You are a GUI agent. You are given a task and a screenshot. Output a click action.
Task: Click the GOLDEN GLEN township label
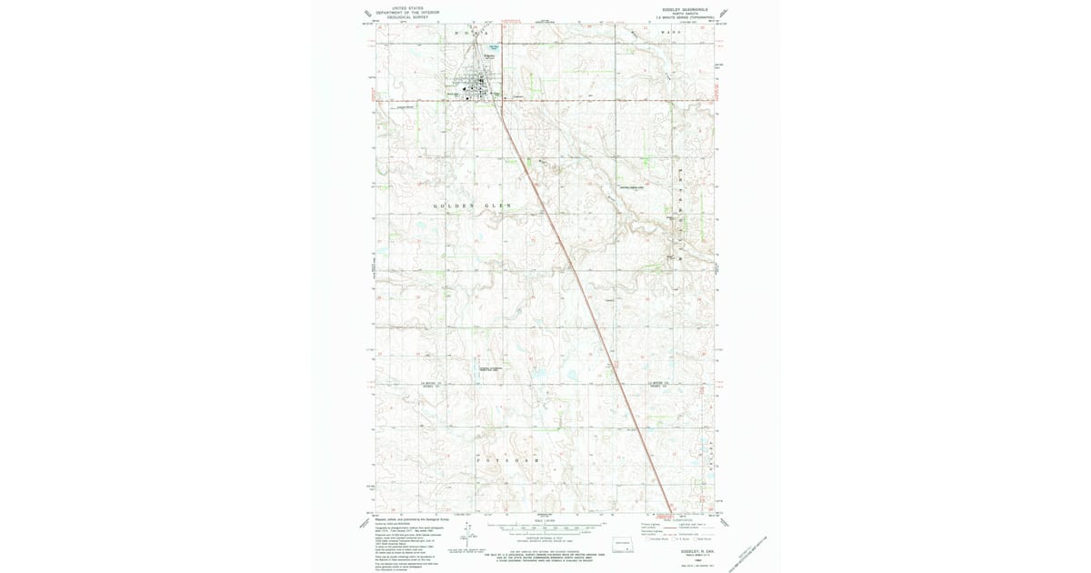(473, 206)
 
